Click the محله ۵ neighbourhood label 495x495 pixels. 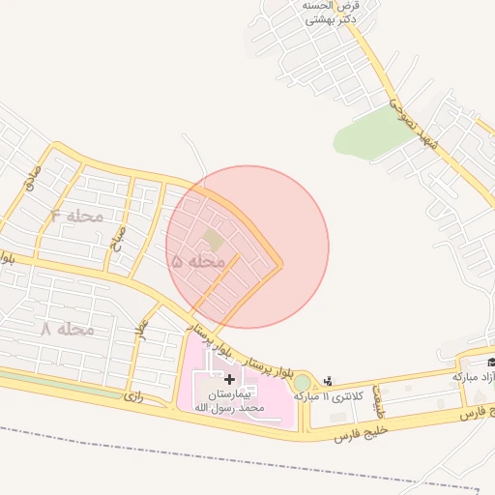[198, 261]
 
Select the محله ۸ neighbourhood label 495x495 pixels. [68, 329]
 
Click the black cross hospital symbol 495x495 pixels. [228, 380]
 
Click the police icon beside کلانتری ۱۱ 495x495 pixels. [329, 381]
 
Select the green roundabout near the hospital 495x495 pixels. [303, 383]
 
